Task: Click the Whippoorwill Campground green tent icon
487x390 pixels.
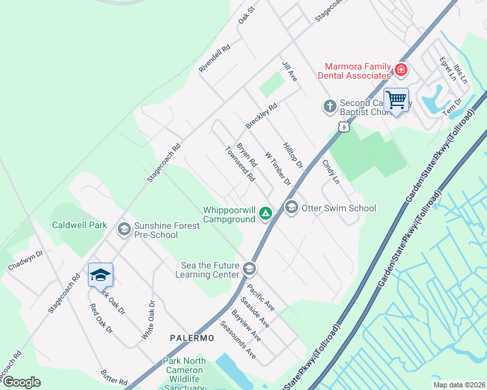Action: tap(265, 213)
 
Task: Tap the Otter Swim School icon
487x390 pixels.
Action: tap(291, 207)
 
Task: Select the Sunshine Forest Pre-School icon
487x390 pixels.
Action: tap(124, 229)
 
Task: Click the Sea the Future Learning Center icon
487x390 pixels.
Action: tap(249, 268)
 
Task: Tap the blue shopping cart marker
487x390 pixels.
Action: tap(396, 101)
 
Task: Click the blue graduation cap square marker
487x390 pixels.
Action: tap(101, 276)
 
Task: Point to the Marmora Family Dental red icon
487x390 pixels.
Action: tap(401, 70)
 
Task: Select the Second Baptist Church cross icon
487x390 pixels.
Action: tap(330, 105)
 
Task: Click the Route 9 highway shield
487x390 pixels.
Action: tap(342, 127)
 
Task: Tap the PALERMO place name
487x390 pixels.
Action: tap(192, 338)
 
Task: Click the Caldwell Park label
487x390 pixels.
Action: tap(79, 225)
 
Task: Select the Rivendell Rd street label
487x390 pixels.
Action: tap(215, 58)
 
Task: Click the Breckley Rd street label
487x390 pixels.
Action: tap(262, 115)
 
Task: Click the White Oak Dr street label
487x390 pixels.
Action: tap(149, 319)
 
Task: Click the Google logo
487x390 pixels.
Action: tap(21, 382)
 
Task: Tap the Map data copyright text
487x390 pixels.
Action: tap(459, 385)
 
